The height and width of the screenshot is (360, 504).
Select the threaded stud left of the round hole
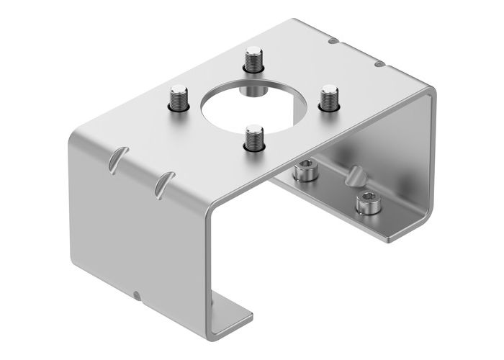pos(178,97)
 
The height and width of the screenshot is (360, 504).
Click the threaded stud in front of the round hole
pos(253,138)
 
